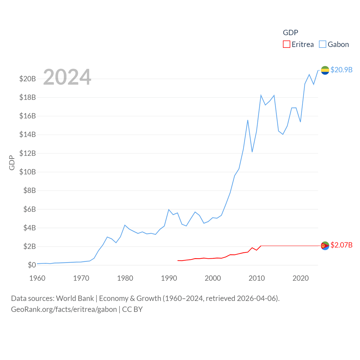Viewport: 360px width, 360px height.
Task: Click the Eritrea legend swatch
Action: pos(286,44)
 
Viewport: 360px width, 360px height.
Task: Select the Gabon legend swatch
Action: pos(322,44)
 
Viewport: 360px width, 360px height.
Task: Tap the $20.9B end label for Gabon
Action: pos(341,70)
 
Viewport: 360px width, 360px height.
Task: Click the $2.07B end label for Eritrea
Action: pos(341,245)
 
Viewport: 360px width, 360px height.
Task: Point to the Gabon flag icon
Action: pos(325,70)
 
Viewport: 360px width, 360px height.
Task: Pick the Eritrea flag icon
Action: pos(325,246)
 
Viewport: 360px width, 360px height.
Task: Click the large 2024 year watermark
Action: pos(67,77)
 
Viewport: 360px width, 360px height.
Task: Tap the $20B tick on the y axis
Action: pos(28,79)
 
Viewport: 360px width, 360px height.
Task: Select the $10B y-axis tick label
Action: pos(28,172)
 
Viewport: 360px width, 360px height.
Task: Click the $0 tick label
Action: pos(32,265)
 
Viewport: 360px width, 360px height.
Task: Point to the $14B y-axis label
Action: pos(28,134)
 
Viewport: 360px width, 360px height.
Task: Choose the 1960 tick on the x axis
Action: pos(37,278)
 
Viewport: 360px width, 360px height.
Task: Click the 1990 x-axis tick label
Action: pos(169,278)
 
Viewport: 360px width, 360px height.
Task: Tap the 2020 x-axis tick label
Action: pos(301,278)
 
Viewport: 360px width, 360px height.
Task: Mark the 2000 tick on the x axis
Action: pos(213,278)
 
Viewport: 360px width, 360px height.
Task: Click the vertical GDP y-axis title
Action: pos(12,163)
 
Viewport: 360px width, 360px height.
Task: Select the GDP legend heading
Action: pos(290,33)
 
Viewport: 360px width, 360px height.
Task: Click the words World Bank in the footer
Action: pos(75,298)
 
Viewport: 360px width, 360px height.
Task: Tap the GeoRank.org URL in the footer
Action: pos(64,309)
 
